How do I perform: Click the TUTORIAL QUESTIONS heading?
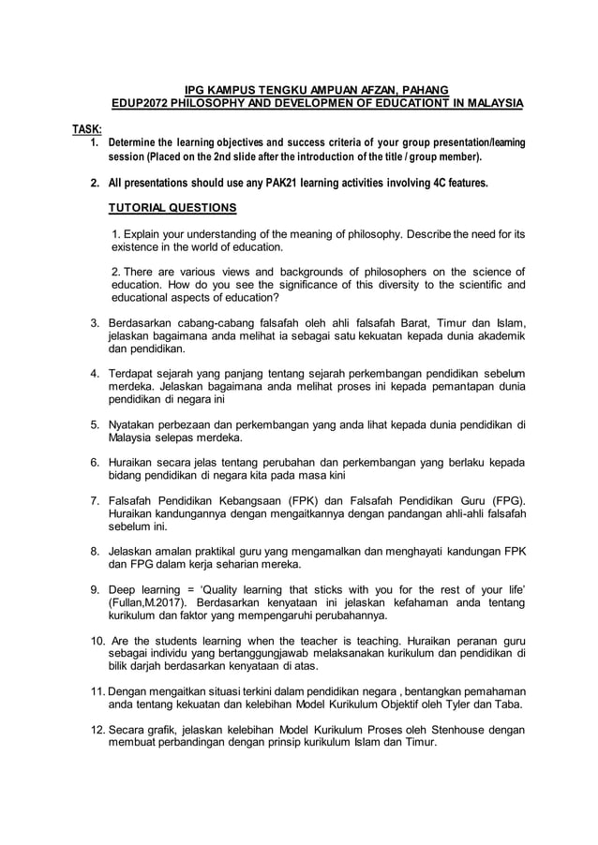(x=172, y=207)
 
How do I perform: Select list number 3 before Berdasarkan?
(x=95, y=324)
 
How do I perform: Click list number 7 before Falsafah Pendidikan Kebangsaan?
(x=95, y=499)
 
